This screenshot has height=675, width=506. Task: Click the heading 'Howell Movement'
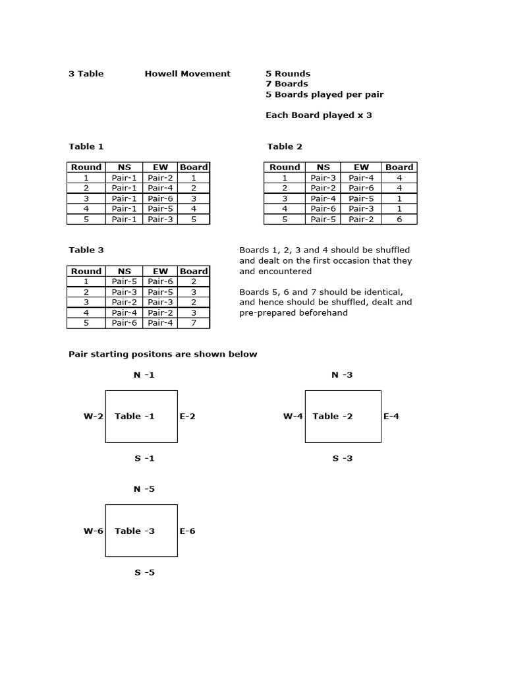(x=187, y=74)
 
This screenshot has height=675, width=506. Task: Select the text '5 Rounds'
(x=288, y=74)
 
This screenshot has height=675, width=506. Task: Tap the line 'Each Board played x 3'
(x=318, y=115)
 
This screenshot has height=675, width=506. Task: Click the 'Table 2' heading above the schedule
(x=285, y=146)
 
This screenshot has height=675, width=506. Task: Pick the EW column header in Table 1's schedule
(x=160, y=167)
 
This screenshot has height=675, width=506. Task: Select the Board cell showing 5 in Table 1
(x=194, y=220)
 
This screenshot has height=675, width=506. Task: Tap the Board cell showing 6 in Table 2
(x=399, y=220)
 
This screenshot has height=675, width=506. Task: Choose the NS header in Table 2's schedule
(x=323, y=167)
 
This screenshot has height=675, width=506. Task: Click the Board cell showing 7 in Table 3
(x=194, y=323)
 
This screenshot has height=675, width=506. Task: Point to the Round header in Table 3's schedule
(x=86, y=271)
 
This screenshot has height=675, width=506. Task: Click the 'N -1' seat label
(x=144, y=375)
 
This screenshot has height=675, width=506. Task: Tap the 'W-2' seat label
(x=93, y=417)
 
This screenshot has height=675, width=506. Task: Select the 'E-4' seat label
(x=391, y=417)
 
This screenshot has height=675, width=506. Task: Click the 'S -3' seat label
(x=342, y=458)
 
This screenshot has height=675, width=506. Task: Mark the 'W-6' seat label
(x=93, y=531)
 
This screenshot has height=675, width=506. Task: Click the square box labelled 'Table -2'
(x=343, y=417)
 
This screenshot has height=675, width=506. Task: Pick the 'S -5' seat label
(x=144, y=573)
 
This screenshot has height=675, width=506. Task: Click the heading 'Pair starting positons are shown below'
(x=163, y=355)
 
